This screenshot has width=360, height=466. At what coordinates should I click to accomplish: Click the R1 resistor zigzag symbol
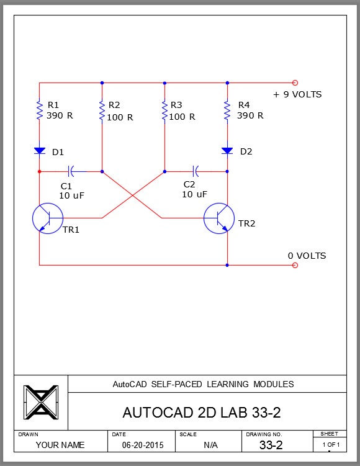coord(39,110)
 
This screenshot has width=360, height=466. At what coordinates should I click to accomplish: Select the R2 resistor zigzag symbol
coord(102,110)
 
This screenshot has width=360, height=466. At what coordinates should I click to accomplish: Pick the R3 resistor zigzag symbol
coord(164,110)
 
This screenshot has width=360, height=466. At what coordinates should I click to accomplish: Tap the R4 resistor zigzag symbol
coord(227,110)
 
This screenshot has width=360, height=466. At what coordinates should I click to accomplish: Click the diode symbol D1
coord(40,151)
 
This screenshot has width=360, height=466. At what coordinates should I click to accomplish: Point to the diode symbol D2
coord(227,151)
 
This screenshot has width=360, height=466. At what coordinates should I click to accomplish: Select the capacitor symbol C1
coord(71,171)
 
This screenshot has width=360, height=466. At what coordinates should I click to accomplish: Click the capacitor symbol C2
coord(196,171)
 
